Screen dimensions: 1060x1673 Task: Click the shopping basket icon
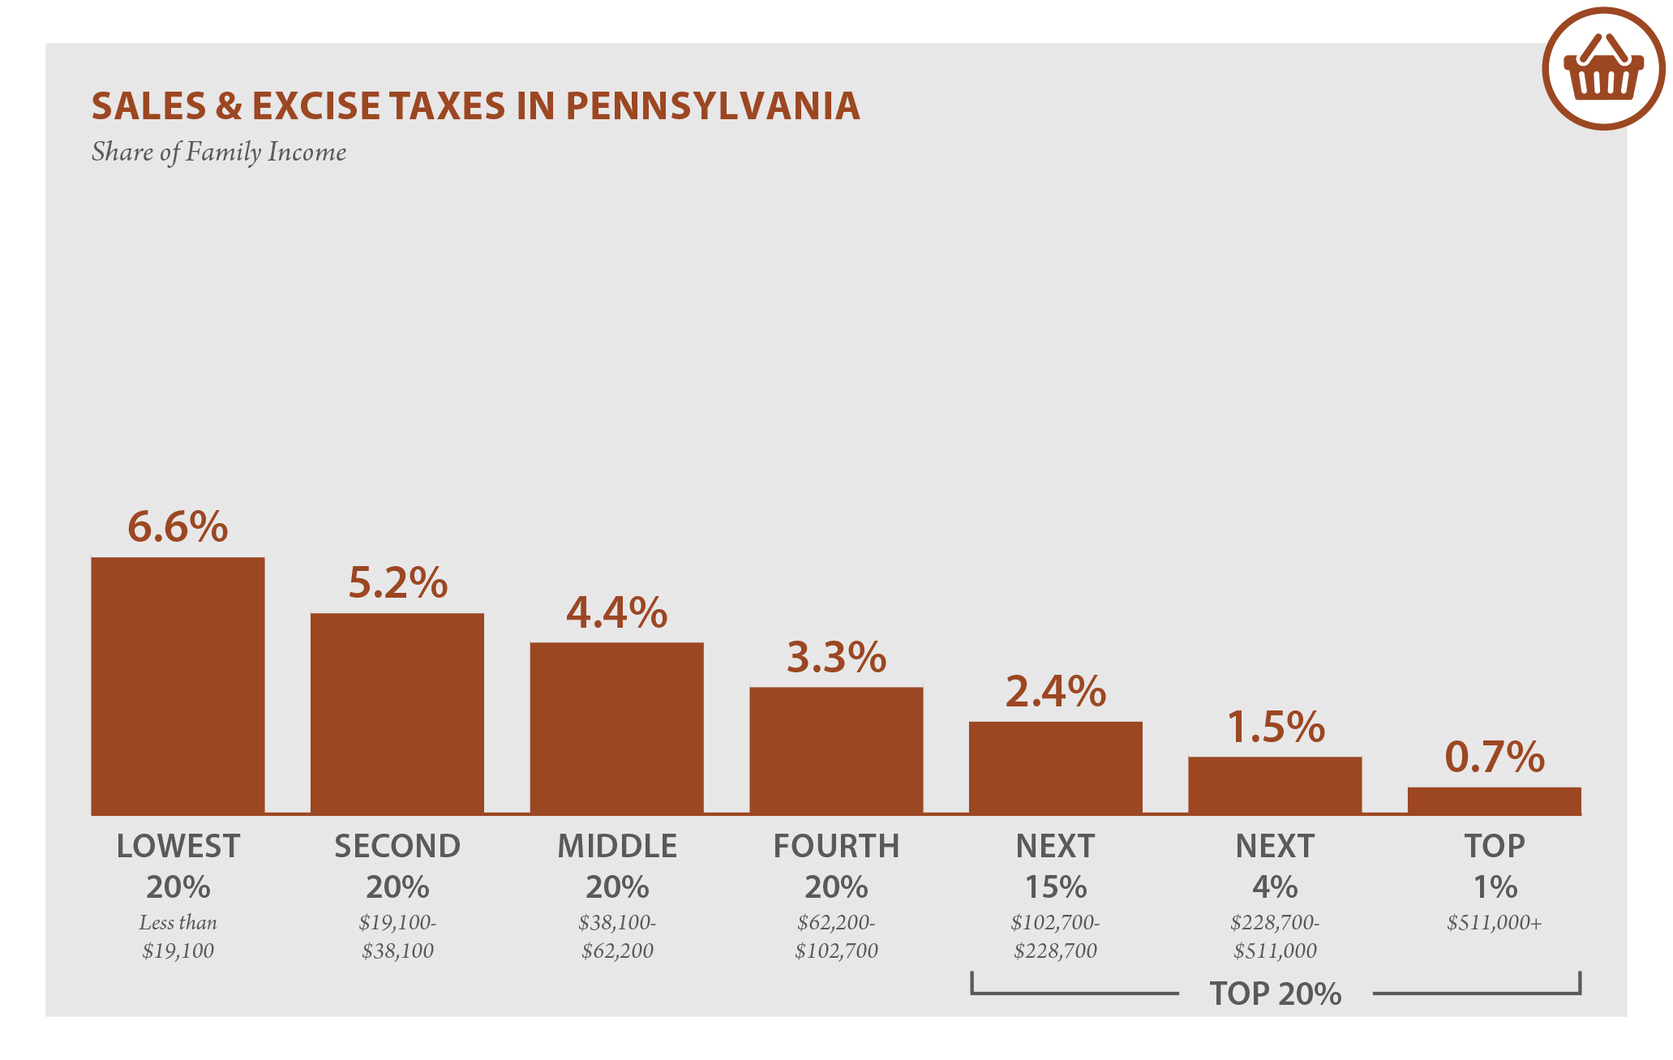click(x=1603, y=69)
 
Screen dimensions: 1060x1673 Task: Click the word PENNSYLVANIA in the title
click(x=712, y=106)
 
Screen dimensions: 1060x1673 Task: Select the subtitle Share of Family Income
click(x=218, y=152)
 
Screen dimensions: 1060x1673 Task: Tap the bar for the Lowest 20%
click(x=178, y=685)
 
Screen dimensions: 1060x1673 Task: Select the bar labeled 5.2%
click(x=397, y=714)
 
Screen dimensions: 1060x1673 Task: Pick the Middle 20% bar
click(x=616, y=728)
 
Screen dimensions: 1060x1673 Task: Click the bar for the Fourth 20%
click(x=836, y=750)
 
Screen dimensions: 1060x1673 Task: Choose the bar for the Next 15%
click(x=1055, y=767)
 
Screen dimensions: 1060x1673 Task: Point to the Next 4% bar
click(x=1275, y=785)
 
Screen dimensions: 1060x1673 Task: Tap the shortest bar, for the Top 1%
click(x=1494, y=800)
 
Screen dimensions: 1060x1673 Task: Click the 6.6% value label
click(x=178, y=527)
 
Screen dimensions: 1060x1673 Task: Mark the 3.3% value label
click(x=836, y=657)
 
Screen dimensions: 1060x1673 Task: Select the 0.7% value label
click(x=1494, y=757)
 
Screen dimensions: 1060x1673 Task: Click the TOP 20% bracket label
click(x=1275, y=993)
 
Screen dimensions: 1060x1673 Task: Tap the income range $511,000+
click(x=1494, y=923)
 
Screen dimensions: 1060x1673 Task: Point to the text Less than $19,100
click(x=178, y=937)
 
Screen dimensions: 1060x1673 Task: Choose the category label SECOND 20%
click(x=397, y=866)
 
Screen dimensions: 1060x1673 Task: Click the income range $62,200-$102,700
click(x=836, y=937)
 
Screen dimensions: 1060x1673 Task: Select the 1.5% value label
click(x=1275, y=727)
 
